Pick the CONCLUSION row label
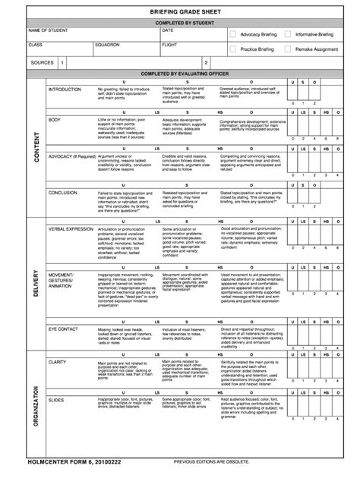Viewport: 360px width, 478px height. (x=63, y=193)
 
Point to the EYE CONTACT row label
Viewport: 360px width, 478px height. (x=63, y=309)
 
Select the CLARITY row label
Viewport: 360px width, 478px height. (x=58, y=341)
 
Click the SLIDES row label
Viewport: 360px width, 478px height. (x=56, y=377)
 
